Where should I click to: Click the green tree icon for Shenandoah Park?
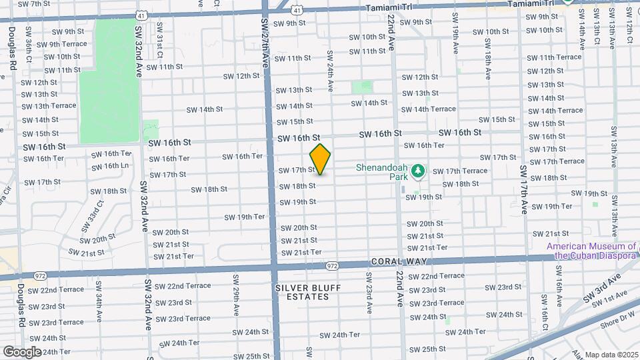pyautogui.click(x=418, y=172)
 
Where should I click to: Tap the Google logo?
pyautogui.click(x=22, y=351)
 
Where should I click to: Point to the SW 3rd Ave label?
pyautogui.click(x=603, y=287)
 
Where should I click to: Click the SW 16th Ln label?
pyautogui.click(x=111, y=165)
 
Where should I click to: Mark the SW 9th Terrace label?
pyautogui.click(x=61, y=45)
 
